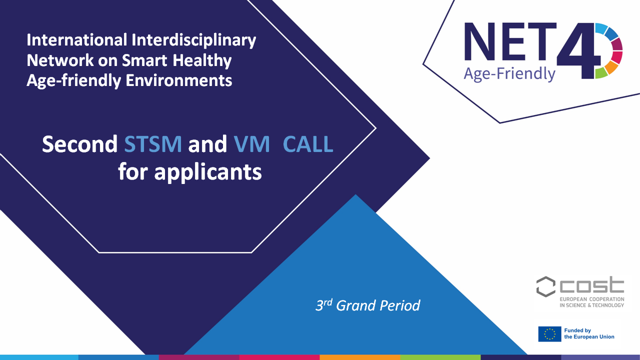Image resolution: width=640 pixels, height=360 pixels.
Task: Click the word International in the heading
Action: (x=77, y=39)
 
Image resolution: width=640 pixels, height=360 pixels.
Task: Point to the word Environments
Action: (x=179, y=80)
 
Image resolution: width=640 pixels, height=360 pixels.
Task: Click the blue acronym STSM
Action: (x=153, y=143)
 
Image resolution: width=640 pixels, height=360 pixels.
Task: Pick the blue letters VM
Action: (x=251, y=143)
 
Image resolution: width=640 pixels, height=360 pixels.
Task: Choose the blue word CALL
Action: (x=308, y=143)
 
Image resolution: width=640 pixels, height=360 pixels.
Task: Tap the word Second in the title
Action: (x=79, y=143)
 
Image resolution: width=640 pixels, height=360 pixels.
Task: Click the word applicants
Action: (x=207, y=172)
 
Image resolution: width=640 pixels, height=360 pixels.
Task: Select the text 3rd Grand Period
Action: (x=367, y=305)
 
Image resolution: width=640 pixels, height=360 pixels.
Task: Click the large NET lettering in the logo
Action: (x=510, y=42)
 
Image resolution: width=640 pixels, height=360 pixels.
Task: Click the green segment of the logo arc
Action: (x=601, y=73)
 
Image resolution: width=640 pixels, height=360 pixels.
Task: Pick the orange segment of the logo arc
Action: (x=612, y=67)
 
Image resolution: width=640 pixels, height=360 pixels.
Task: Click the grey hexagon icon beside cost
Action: (x=545, y=286)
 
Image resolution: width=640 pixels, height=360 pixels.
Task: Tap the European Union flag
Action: (x=549, y=334)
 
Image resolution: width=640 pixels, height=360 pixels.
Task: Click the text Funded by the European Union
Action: (x=589, y=333)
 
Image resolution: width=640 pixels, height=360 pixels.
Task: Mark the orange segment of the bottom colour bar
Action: (x=359, y=357)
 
